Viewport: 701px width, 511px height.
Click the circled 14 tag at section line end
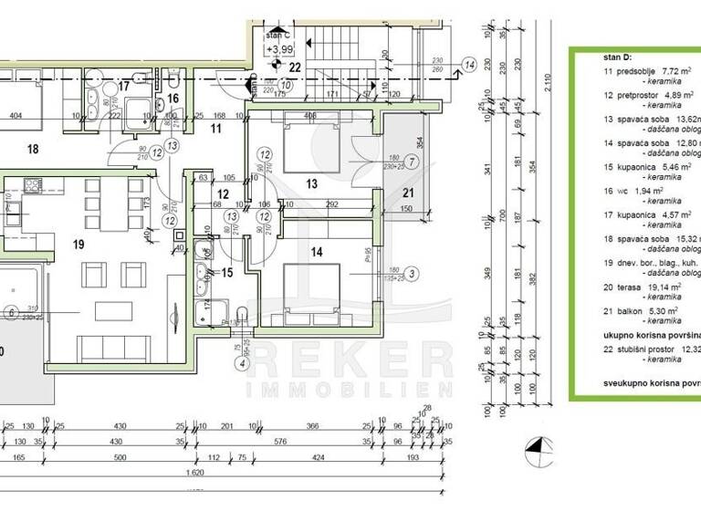(469, 64)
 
